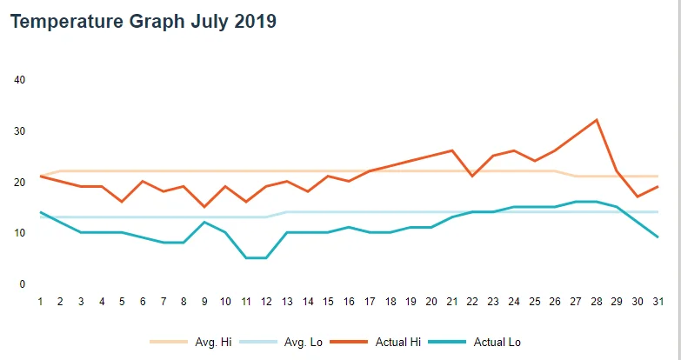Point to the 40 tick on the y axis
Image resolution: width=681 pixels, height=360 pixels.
[x=21, y=80]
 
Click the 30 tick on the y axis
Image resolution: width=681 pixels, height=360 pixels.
[x=21, y=131]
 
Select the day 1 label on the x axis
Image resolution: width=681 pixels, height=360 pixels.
[x=40, y=302]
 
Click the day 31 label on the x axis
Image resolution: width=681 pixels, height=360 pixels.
[x=658, y=302]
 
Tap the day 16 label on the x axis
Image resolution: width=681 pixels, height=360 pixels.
[x=349, y=302]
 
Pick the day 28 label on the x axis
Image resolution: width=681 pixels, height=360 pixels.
[x=597, y=302]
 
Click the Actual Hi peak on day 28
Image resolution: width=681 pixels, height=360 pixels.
[x=597, y=120]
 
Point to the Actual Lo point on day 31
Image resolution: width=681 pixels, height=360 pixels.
[x=658, y=237]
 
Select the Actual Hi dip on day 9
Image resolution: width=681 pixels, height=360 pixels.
[x=204, y=207]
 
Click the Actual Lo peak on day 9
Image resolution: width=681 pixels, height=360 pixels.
[x=204, y=222]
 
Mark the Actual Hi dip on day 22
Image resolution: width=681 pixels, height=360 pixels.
[x=472, y=177]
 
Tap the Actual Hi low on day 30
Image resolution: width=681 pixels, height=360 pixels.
[x=638, y=197]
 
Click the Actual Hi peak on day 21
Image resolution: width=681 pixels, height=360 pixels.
[x=452, y=150]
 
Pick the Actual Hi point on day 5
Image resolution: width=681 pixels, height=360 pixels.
[x=123, y=202]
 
